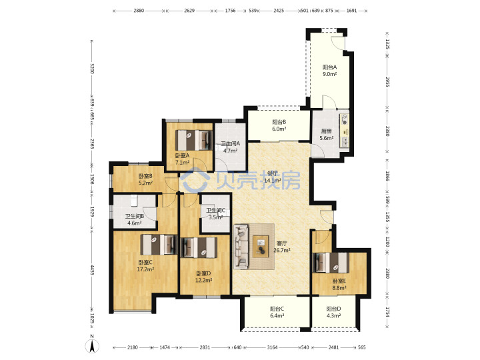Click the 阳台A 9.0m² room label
330,71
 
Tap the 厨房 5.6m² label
326,135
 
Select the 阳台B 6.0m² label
279,125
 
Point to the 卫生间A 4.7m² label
230,147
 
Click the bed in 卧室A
194,140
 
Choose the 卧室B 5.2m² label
145,179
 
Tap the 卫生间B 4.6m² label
135,219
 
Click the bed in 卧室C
159,245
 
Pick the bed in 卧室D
199,247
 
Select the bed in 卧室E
330,263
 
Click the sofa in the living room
241,247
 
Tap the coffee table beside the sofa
261,247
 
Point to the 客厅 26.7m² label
281,247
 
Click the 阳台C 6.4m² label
277,312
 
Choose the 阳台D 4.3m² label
333,312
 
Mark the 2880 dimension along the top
139,11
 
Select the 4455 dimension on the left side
92,269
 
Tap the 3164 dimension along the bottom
272,347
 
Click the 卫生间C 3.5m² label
215,214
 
